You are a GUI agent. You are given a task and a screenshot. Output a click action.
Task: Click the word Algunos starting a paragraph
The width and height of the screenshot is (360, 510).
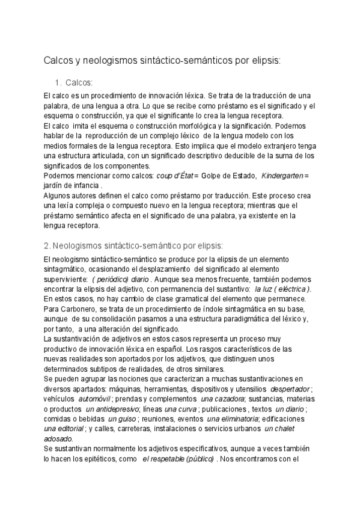pos(59,195)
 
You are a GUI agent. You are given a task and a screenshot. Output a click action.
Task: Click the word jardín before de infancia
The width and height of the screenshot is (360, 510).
pos(56,185)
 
